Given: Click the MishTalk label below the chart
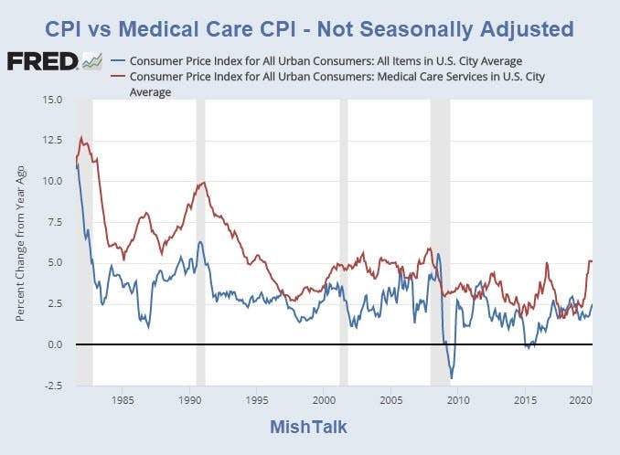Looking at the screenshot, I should (309, 427).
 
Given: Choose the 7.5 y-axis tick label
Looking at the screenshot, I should (54, 222).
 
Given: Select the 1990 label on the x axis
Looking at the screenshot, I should (189, 400).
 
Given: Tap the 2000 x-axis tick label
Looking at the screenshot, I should (324, 400).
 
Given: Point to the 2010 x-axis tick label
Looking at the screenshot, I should (458, 400).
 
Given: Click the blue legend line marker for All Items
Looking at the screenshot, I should (117, 61).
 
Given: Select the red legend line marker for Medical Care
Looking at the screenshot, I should (117, 78).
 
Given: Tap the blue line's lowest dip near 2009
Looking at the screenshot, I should (451, 377).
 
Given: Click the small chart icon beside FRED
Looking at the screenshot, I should (91, 61).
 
